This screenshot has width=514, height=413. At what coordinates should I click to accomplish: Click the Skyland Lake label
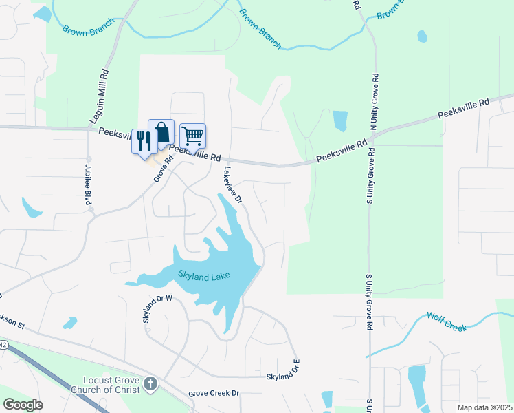pyautogui.click(x=203, y=274)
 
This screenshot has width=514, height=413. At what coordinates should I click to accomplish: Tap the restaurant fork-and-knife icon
pyautogui.click(x=144, y=142)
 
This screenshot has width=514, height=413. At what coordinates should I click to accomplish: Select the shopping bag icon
pyautogui.click(x=161, y=131)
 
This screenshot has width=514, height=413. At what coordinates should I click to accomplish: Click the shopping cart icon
pyautogui.click(x=192, y=136)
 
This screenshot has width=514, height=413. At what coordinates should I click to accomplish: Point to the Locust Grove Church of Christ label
pyautogui.click(x=107, y=385)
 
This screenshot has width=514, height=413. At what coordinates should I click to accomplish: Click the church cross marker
pyautogui.click(x=151, y=383)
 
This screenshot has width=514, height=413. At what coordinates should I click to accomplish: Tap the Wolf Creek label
pyautogui.click(x=447, y=321)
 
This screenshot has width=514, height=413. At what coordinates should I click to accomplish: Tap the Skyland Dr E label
pyautogui.click(x=283, y=370)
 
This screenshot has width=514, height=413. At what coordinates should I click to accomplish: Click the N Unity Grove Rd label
pyautogui.click(x=375, y=102)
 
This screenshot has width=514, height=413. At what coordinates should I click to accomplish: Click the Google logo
pyautogui.click(x=23, y=405)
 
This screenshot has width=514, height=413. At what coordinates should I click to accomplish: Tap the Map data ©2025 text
pyautogui.click(x=484, y=407)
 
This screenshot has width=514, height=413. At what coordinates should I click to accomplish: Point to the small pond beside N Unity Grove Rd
pyautogui.click(x=339, y=120)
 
